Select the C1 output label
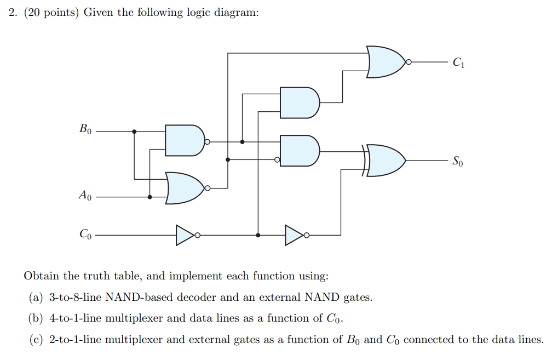click(458, 62)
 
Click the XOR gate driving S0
click(385, 161)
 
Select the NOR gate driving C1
click(387, 62)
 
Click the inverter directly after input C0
click(185, 235)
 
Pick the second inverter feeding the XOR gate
click(294, 235)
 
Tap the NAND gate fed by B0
click(184, 141)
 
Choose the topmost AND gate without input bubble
click(298, 102)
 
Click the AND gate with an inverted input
click(299, 151)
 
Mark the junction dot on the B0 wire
click(134, 132)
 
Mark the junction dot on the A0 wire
click(150, 197)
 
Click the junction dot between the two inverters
click(258, 235)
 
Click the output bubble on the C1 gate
click(408, 62)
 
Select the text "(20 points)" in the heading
click(50, 13)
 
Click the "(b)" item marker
click(36, 318)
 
